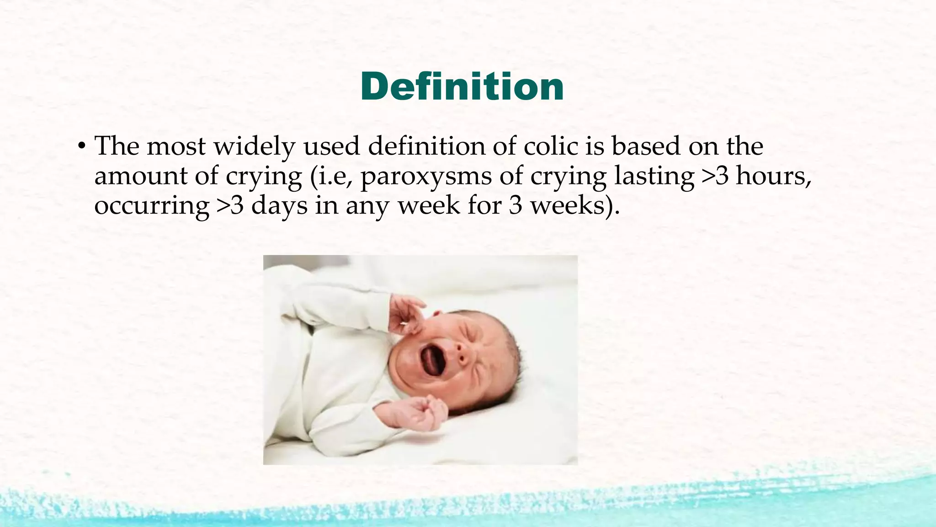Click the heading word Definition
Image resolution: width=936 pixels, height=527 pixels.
[462, 87]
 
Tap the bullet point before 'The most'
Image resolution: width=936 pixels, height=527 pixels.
[81, 147]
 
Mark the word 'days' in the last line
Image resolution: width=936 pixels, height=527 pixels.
[279, 206]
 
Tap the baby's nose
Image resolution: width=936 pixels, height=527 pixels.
[463, 353]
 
